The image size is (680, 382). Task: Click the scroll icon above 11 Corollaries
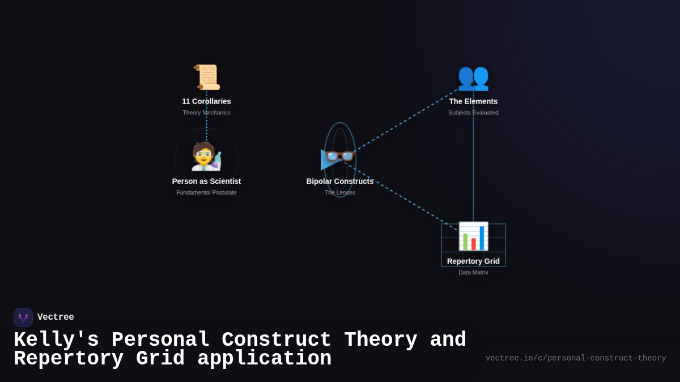coord(206,77)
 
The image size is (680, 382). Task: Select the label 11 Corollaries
coord(206,101)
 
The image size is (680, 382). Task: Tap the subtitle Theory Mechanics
coord(206,113)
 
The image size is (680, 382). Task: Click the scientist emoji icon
coord(206,157)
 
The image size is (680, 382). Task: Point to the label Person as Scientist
coord(206,181)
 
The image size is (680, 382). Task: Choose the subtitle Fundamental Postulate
coord(206,192)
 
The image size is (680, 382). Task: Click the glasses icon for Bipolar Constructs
coord(340,156)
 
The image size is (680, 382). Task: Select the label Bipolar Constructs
coord(340,181)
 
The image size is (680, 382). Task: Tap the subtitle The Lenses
coord(340,192)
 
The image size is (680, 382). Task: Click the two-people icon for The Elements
coord(473,77)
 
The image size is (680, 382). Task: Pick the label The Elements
coord(473,101)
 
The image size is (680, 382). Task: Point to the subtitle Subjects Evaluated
coord(473,113)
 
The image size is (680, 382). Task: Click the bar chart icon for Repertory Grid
coord(473,236)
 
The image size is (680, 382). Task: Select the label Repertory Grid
coord(473,261)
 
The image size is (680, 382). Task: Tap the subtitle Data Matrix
coord(473,272)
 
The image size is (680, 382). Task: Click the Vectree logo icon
coord(23,317)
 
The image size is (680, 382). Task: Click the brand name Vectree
coord(56,317)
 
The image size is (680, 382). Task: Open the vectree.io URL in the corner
coord(576,358)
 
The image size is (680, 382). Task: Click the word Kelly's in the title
coord(56,340)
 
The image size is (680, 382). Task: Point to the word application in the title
coord(265,359)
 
